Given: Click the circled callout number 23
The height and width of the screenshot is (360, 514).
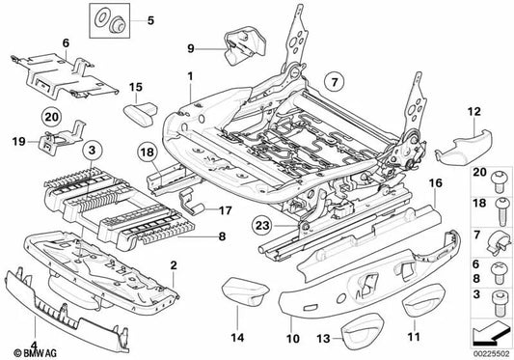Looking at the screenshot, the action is pos(263,226).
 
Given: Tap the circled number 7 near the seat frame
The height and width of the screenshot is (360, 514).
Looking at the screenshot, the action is pos(334,82).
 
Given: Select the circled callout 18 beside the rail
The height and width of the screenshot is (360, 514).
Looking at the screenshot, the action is pos(148,152).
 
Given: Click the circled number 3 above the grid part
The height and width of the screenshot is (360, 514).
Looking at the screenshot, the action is pos(92,151).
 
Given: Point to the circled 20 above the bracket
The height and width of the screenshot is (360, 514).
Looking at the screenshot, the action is pos(51,117).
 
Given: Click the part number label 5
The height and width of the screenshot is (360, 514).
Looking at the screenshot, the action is pos(150,20).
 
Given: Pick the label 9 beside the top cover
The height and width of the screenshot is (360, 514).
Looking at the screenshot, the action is pos(191,49).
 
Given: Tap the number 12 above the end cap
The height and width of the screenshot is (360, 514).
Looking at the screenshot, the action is pos(474,112).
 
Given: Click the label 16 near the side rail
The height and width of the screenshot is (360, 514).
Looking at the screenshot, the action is pos(435,183).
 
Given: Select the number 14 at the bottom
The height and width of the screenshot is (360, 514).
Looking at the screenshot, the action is pos(237,338).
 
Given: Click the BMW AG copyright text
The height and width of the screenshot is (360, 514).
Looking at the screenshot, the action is pos(35,353).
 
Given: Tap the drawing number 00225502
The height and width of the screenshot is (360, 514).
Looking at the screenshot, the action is pos(491,354).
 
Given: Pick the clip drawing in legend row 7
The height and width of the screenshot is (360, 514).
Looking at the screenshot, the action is pos(499,243).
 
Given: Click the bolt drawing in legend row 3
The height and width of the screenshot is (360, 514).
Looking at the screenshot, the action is pos(499,302).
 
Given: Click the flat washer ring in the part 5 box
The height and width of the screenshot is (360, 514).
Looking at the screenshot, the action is pos(101,17).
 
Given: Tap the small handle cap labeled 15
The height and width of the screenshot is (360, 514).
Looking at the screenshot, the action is pos(141,113).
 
